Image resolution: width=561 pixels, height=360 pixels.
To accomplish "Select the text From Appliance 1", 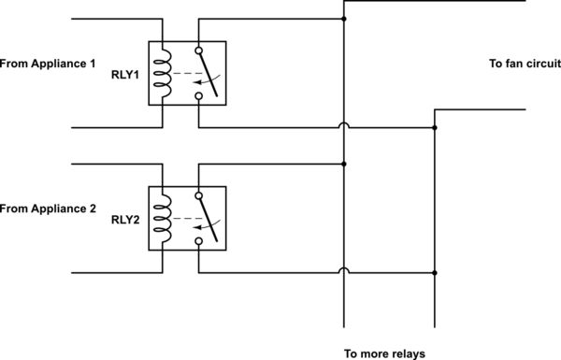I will point(49,64).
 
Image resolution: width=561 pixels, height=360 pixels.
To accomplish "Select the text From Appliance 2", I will point(49,209).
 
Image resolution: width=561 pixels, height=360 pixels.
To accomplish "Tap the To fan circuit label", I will point(524,64).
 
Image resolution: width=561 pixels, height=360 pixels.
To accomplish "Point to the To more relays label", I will point(383,353).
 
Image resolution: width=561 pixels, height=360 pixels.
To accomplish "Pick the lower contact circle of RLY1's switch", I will point(198,94).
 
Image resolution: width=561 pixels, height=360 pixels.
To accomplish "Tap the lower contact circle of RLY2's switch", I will point(198,240).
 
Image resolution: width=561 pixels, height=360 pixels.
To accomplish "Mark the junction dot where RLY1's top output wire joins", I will point(345,19).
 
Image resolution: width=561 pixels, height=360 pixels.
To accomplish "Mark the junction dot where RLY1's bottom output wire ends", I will point(435,127).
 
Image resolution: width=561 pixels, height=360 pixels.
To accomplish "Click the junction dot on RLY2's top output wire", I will point(345,164).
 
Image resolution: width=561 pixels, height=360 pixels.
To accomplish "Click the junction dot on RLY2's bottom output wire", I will point(435,273).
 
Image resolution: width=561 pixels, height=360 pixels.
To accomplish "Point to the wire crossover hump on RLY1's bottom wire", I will point(345,123).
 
